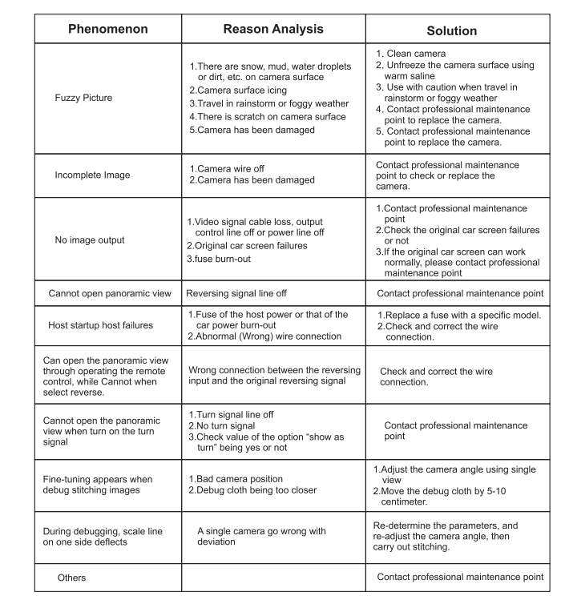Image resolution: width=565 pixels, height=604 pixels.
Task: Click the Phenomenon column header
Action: point(107,29)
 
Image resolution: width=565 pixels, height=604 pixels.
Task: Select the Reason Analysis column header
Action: point(272,29)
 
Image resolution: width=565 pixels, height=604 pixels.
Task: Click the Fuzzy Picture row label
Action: point(83,98)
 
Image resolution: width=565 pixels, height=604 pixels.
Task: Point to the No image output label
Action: point(90,240)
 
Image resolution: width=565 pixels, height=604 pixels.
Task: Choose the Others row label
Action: point(71,577)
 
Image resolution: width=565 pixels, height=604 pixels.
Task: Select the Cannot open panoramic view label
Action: point(110,293)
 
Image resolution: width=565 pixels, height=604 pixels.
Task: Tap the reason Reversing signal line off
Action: point(247,293)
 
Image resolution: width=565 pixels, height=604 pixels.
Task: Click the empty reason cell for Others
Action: point(272,577)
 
